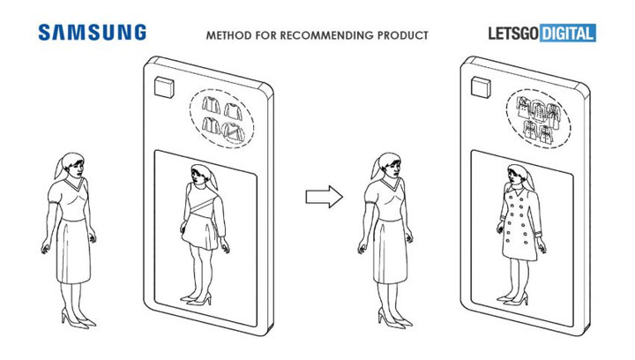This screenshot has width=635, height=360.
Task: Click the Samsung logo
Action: click(x=93, y=33)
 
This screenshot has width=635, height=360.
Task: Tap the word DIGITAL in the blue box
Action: click(x=568, y=34)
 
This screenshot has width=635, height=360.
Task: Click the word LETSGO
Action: click(x=513, y=34)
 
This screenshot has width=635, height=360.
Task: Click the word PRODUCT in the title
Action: click(x=402, y=35)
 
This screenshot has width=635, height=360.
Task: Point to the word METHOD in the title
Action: click(x=228, y=35)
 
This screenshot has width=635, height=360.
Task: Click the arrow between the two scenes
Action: click(x=324, y=197)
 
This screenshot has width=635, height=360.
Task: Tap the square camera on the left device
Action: click(x=164, y=87)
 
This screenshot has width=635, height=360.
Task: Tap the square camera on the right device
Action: click(x=481, y=87)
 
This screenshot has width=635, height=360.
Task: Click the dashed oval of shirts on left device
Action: click(x=222, y=118)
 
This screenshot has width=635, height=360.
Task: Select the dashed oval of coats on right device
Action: click(x=539, y=118)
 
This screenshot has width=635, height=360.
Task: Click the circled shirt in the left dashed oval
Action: click(x=234, y=132)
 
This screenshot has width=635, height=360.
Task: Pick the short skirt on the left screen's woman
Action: click(x=201, y=231)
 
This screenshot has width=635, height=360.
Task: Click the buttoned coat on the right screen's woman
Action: click(x=519, y=221)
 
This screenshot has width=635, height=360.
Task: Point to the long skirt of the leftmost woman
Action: click(x=73, y=251)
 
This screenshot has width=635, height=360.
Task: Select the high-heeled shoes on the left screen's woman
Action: click(x=197, y=299)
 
